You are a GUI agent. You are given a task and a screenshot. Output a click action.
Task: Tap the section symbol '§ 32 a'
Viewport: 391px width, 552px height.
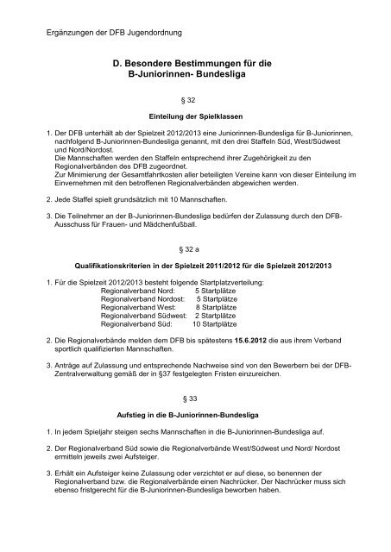coord(195,248)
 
